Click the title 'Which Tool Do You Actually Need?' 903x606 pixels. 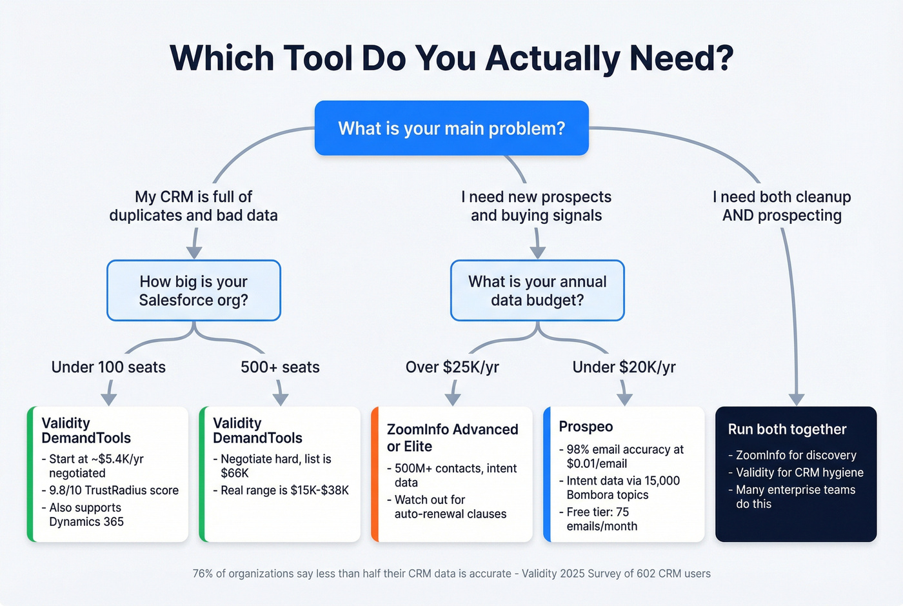pos(451,58)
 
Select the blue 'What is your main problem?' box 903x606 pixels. pos(451,128)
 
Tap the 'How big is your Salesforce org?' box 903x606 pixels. pos(193,290)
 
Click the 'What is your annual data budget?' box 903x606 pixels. pos(537,290)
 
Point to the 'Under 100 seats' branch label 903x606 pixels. pos(108,367)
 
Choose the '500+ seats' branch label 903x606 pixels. pos(280,367)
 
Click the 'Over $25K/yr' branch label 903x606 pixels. pos(452,367)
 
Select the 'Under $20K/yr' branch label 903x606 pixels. pos(624,367)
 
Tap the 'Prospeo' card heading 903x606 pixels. pos(586,427)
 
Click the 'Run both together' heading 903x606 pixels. pos(787,429)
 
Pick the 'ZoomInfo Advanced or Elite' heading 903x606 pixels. pos(452,438)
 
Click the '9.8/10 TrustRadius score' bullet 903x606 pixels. pos(114,490)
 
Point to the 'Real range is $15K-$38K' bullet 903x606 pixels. pos(284,490)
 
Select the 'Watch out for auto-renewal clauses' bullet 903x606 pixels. pos(450,507)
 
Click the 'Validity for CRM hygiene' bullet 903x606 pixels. pos(799,472)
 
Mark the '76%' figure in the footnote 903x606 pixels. pos(203,574)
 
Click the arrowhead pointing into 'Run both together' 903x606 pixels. pos(797,399)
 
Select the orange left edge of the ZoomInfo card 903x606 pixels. pos(375,474)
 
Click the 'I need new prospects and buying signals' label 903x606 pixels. pos(536,206)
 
